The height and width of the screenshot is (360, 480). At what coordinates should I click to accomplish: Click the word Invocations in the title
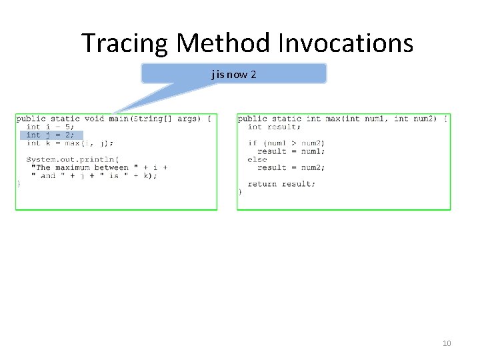pyautogui.click(x=343, y=43)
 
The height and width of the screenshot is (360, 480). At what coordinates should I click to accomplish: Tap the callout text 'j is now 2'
pyautogui.click(x=234, y=74)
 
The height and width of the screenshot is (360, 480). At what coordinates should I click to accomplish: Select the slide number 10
pyautogui.click(x=447, y=343)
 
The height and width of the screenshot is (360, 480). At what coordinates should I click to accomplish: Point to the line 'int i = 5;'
pyautogui.click(x=51, y=127)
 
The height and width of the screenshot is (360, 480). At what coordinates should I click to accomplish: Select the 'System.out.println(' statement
pyautogui.click(x=73, y=159)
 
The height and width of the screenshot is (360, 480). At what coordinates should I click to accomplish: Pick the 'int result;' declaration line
pyautogui.click(x=274, y=127)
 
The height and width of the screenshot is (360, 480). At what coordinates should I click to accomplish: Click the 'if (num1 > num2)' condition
pyautogui.click(x=286, y=143)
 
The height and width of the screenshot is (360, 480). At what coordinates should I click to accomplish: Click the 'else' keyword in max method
pyautogui.click(x=257, y=159)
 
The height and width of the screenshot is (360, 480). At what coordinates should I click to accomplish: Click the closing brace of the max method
pyautogui.click(x=240, y=192)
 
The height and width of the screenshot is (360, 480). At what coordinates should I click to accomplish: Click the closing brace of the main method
pyautogui.click(x=19, y=184)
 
